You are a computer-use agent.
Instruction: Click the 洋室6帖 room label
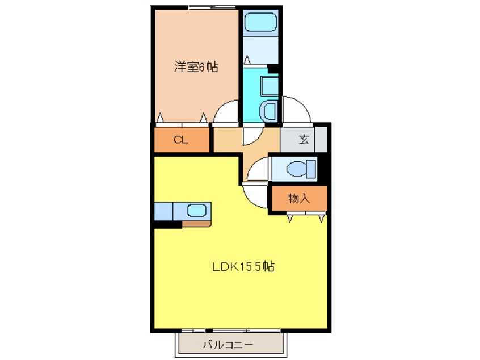coord(195,67)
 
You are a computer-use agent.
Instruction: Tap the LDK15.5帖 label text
coord(243,266)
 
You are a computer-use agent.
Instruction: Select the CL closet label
coord(181,140)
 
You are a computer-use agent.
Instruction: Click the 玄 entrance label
coord(304,139)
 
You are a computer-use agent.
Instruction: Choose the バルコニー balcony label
coord(228,344)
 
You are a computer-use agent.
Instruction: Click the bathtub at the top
coord(260,22)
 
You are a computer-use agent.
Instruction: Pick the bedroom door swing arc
coord(227,111)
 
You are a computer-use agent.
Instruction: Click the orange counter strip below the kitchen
coord(196,224)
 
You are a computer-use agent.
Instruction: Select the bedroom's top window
coord(204,7)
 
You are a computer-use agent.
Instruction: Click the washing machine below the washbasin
coord(269,111)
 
